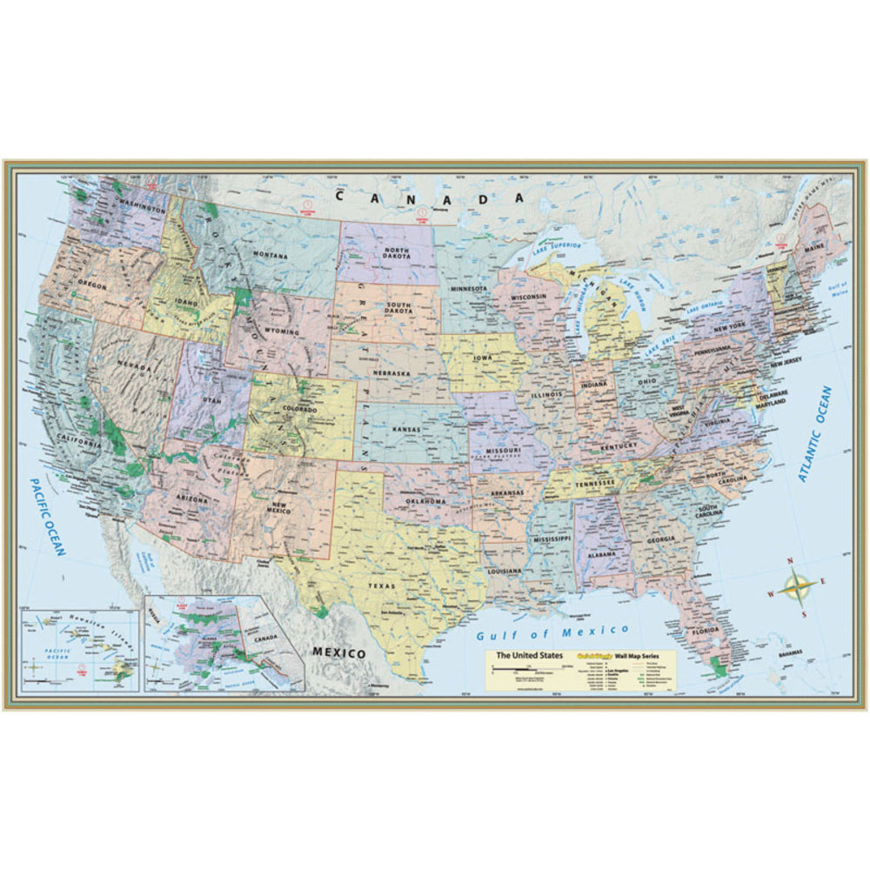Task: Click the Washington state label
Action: click(139, 210)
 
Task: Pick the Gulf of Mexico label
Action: click(552, 631)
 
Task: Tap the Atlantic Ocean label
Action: click(814, 434)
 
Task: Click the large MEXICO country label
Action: click(338, 652)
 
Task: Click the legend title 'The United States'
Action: click(529, 654)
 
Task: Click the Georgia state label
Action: click(661, 539)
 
